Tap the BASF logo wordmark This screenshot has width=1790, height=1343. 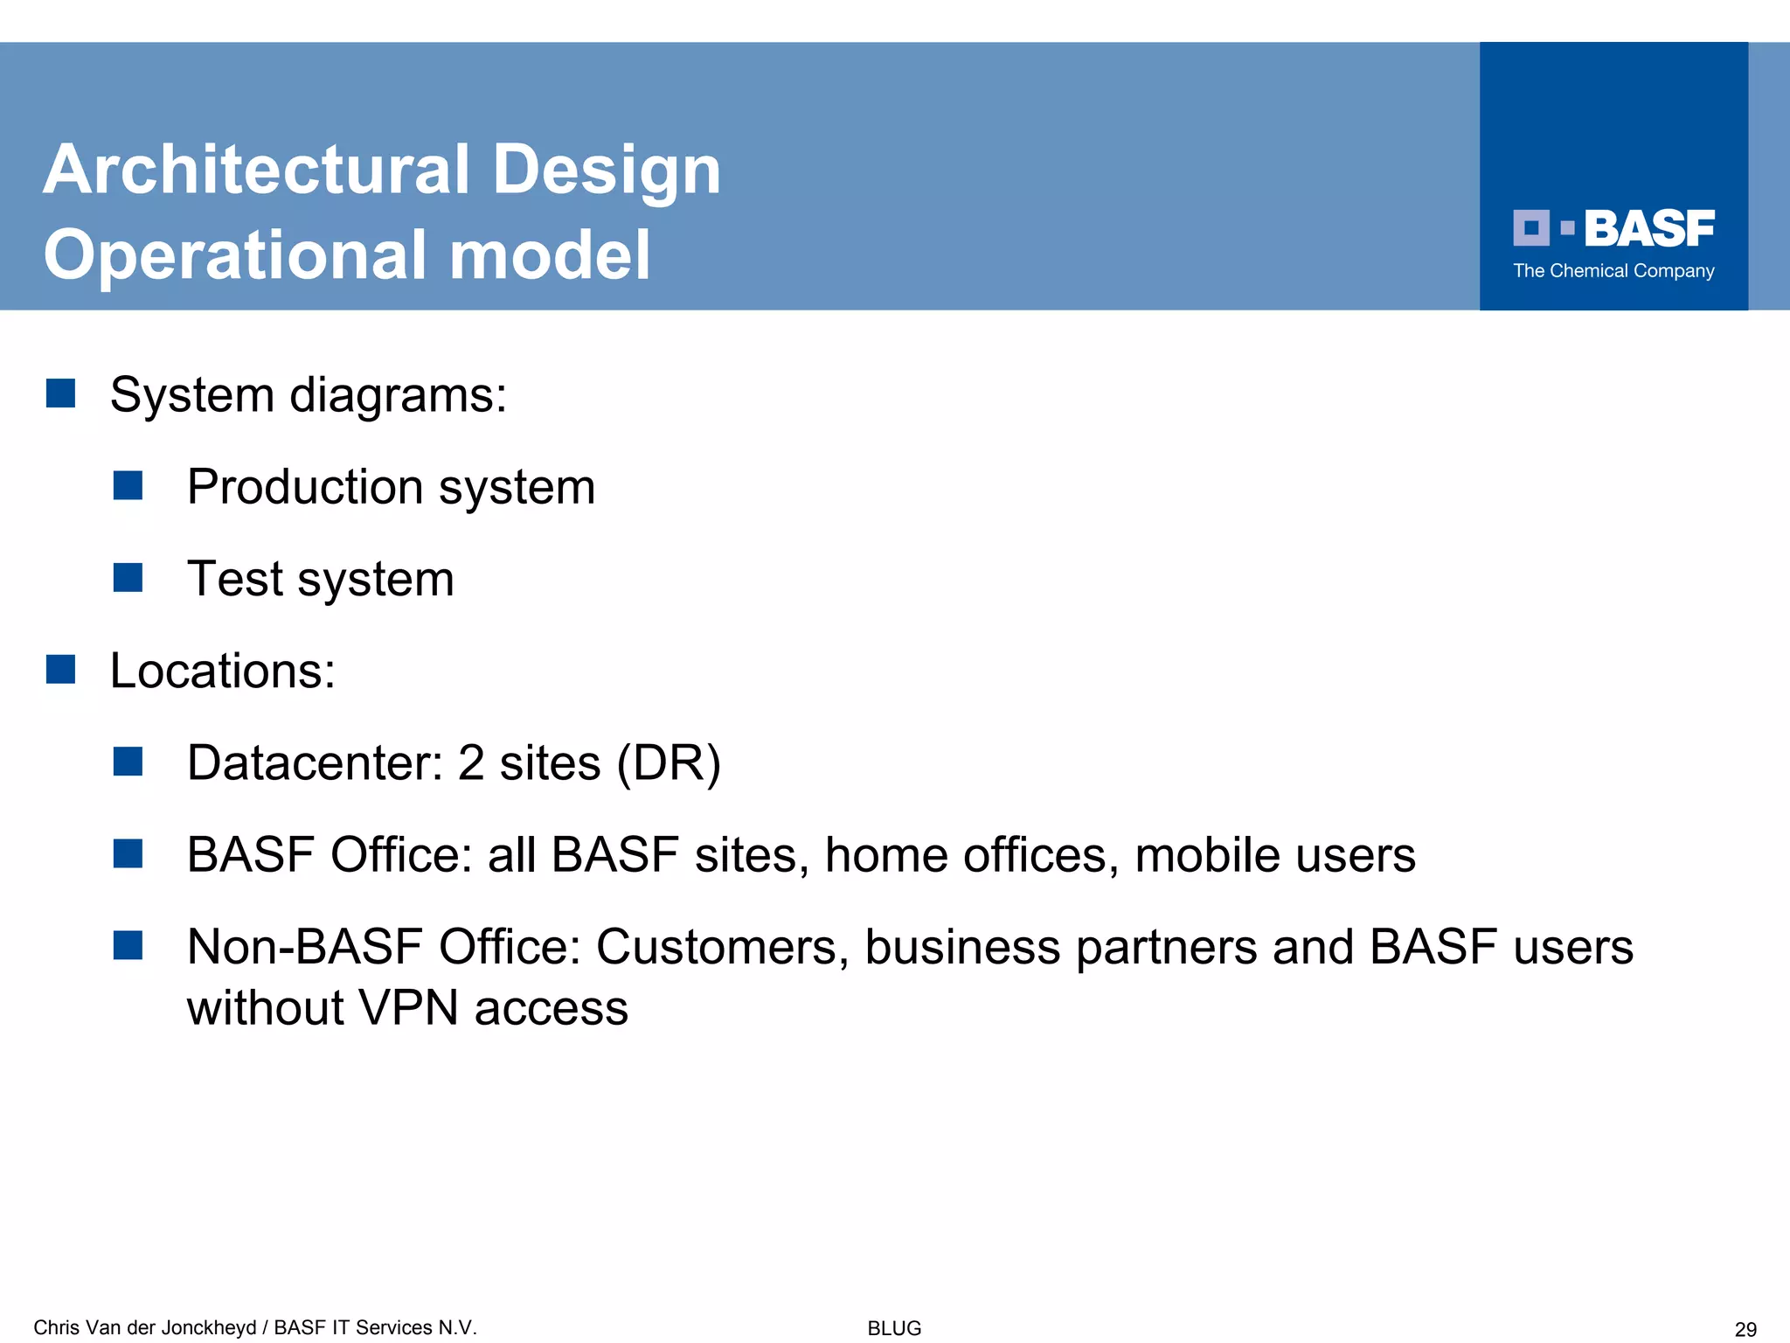click(x=1648, y=229)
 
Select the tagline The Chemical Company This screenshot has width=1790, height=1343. click(x=1613, y=271)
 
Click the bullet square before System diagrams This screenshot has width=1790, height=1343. click(x=60, y=393)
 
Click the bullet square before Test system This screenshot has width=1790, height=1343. click(x=128, y=578)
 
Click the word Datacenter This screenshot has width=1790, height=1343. click(x=315, y=763)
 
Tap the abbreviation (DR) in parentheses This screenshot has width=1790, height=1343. click(x=669, y=763)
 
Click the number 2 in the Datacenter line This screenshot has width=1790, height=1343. click(x=470, y=763)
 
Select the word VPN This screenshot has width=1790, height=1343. click(x=408, y=1008)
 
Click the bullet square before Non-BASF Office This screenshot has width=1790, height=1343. click(x=128, y=945)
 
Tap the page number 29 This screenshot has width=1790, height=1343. click(x=1745, y=1330)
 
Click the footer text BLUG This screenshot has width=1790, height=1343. click(x=894, y=1328)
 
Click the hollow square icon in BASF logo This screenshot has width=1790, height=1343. click(x=1530, y=228)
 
